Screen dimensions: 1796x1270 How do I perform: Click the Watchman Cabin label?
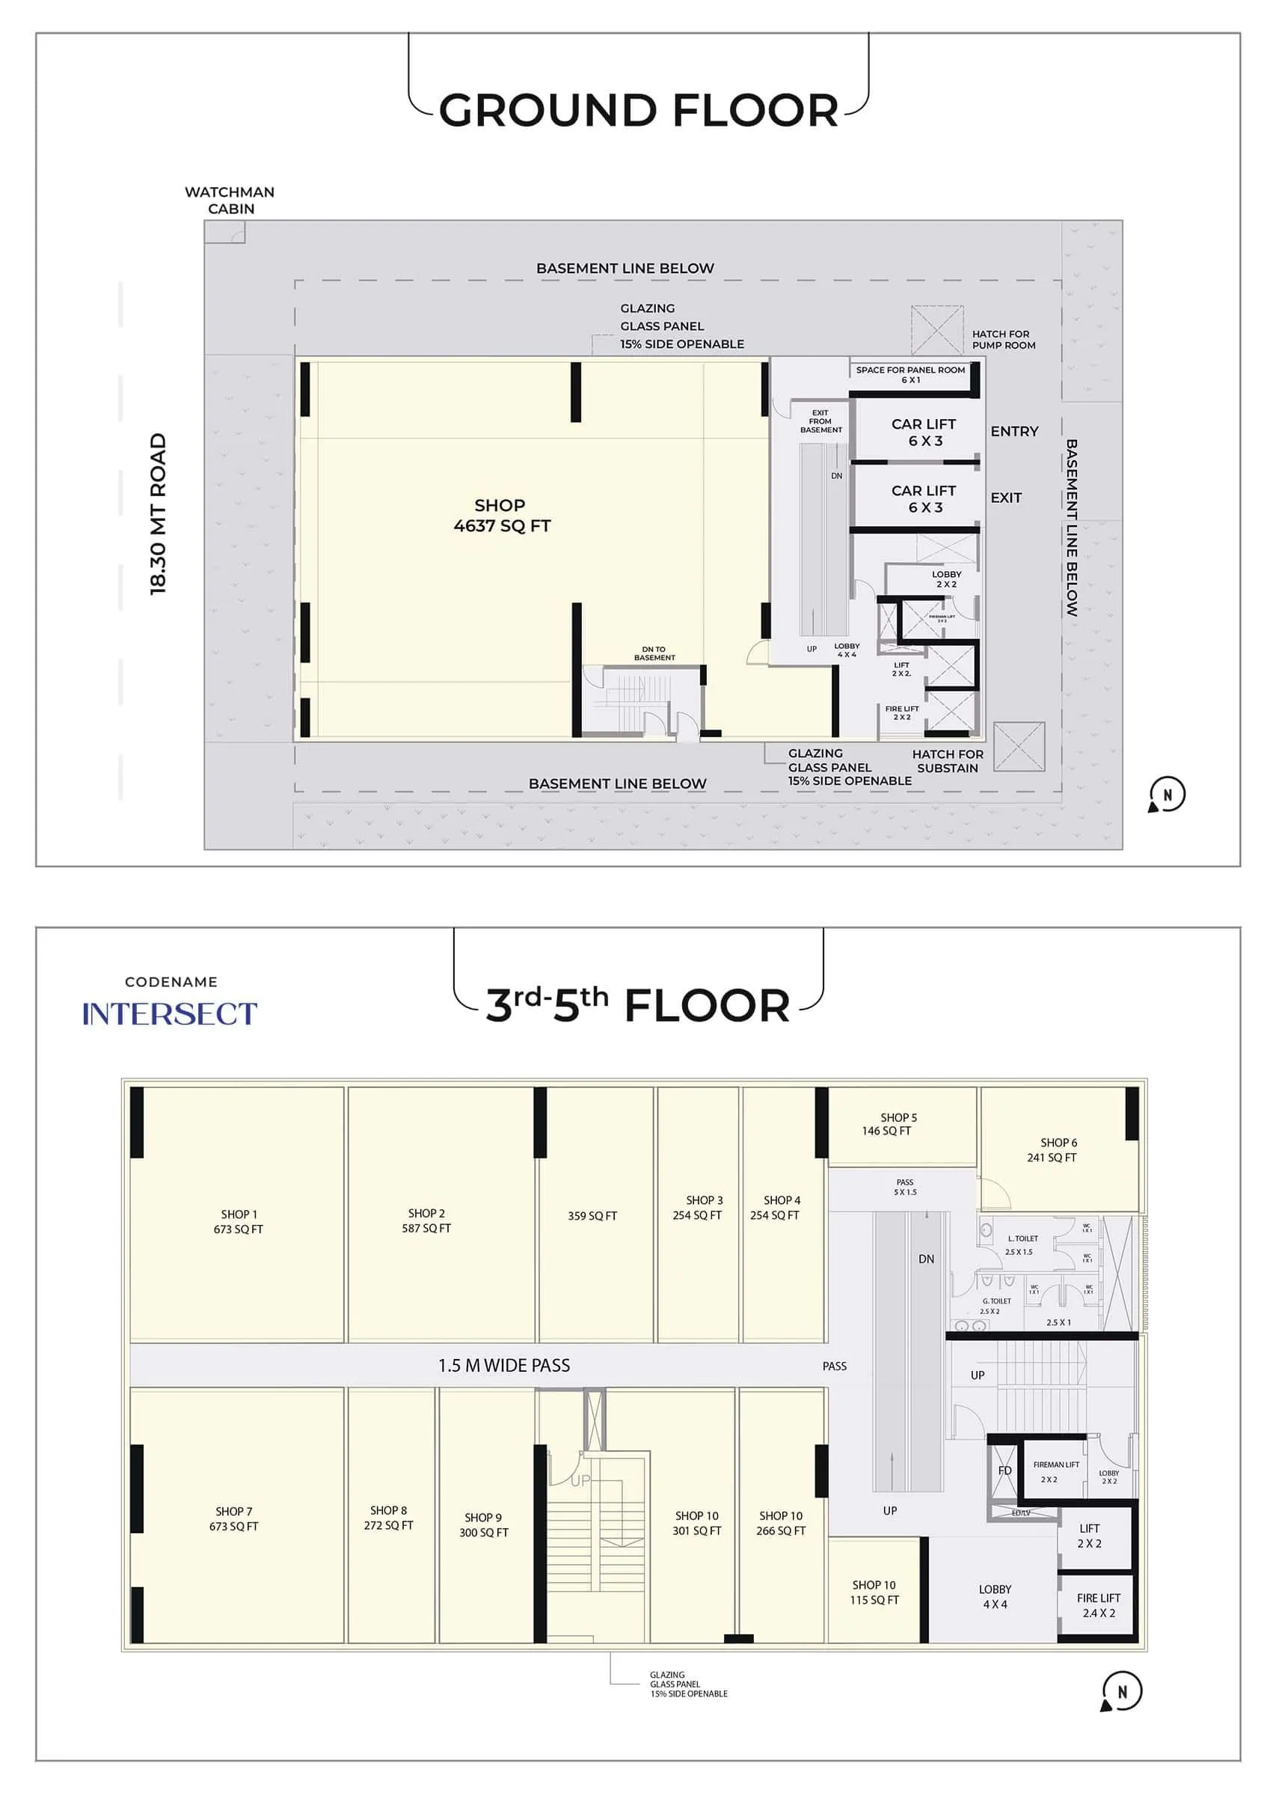click(x=229, y=201)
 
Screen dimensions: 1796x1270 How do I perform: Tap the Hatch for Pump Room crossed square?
click(x=937, y=330)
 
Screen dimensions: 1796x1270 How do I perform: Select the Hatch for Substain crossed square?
click(x=1019, y=747)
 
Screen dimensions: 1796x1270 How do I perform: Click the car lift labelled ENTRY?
click(x=924, y=432)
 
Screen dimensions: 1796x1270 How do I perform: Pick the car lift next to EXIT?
click(x=924, y=498)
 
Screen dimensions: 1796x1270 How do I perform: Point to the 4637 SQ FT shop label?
click(x=501, y=516)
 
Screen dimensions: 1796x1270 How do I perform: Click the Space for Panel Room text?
click(x=910, y=374)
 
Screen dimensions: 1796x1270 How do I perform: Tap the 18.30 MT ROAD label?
click(x=159, y=514)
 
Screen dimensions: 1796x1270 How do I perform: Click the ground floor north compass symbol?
click(x=1167, y=795)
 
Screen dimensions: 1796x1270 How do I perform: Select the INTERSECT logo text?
click(x=170, y=1014)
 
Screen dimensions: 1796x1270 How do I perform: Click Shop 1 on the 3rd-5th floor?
click(x=239, y=1221)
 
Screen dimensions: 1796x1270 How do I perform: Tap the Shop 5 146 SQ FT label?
click(x=898, y=1124)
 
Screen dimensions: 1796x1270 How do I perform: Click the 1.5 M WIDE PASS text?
click(x=503, y=1366)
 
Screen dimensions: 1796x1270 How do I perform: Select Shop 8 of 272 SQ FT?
click(x=389, y=1518)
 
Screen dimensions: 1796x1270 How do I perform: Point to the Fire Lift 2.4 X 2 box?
click(x=1098, y=1604)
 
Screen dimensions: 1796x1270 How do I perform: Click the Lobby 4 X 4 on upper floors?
click(x=995, y=1596)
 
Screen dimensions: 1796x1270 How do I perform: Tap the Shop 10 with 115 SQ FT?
click(x=874, y=1592)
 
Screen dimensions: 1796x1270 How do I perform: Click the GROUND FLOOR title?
click(x=638, y=110)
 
